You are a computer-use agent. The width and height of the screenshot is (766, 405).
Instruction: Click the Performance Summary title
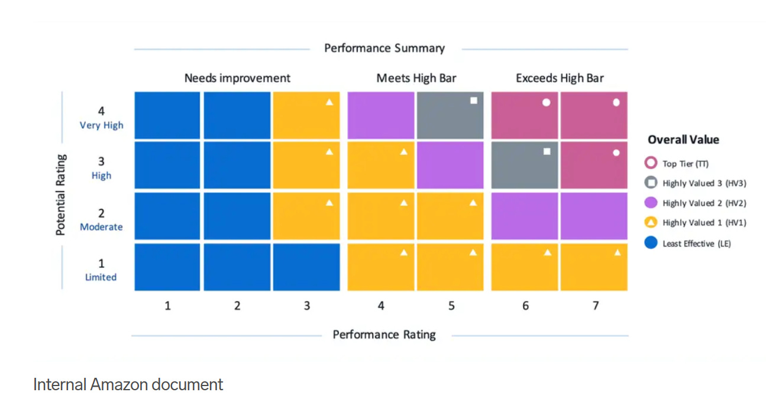384,48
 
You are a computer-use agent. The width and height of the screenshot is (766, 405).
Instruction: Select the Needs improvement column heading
237,78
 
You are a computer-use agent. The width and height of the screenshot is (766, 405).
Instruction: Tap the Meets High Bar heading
416,78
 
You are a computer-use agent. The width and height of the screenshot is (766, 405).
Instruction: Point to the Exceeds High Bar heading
560,78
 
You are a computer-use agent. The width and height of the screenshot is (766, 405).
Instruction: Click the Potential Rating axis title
60,195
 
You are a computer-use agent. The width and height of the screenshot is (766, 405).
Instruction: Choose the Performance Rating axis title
384,335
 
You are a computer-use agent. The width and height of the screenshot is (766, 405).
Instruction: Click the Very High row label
102,125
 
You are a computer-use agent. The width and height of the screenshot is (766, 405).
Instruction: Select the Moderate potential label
102,227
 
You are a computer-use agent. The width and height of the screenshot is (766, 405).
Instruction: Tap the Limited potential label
101,277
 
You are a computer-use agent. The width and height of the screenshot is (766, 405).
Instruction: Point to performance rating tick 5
451,306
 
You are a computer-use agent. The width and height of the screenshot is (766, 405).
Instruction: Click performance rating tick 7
595,306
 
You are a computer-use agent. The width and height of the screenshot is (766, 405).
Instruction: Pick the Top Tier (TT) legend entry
685,164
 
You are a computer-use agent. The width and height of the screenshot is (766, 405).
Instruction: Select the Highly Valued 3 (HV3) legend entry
704,183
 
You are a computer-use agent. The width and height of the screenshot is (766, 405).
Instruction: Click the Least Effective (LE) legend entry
696,244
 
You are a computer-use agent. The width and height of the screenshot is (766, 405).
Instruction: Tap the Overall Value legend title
683,140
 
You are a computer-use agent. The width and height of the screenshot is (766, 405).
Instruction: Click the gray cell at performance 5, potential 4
450,116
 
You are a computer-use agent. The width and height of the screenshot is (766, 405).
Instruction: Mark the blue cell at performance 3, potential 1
306,267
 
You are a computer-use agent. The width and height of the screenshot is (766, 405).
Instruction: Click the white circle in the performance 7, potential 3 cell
616,153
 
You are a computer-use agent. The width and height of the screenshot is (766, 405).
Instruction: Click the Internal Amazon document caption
128,385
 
